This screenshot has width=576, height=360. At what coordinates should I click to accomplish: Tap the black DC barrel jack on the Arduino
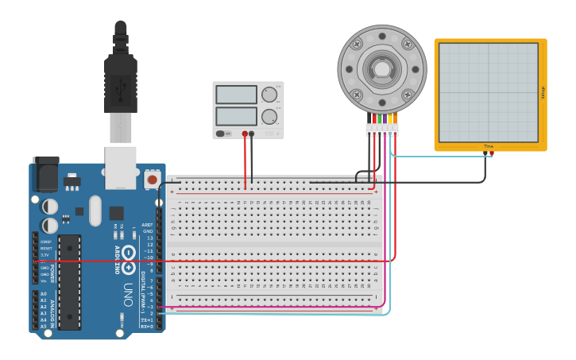[45, 173]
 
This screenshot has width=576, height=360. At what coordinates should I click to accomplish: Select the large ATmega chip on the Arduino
[69, 281]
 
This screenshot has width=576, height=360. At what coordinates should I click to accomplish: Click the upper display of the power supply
[236, 95]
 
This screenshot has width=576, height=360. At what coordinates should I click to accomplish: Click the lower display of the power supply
[236, 116]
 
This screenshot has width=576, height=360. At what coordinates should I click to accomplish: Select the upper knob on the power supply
[269, 95]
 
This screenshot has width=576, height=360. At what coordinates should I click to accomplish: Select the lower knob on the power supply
[269, 117]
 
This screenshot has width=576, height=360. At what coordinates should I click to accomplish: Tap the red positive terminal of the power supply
[245, 134]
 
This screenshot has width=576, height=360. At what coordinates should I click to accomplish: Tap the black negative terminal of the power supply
[252, 134]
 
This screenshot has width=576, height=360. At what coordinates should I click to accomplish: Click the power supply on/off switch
[224, 134]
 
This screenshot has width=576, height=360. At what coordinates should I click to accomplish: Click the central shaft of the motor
[382, 69]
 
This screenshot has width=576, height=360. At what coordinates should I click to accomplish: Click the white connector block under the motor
[382, 129]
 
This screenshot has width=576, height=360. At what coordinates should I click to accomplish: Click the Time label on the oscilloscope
[488, 146]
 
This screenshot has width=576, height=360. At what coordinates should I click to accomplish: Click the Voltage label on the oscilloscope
[543, 93]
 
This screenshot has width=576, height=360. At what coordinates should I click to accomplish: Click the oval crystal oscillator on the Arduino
[95, 211]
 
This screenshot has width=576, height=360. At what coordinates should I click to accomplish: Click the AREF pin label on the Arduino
[147, 225]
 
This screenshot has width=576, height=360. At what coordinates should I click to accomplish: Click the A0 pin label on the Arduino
[43, 293]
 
